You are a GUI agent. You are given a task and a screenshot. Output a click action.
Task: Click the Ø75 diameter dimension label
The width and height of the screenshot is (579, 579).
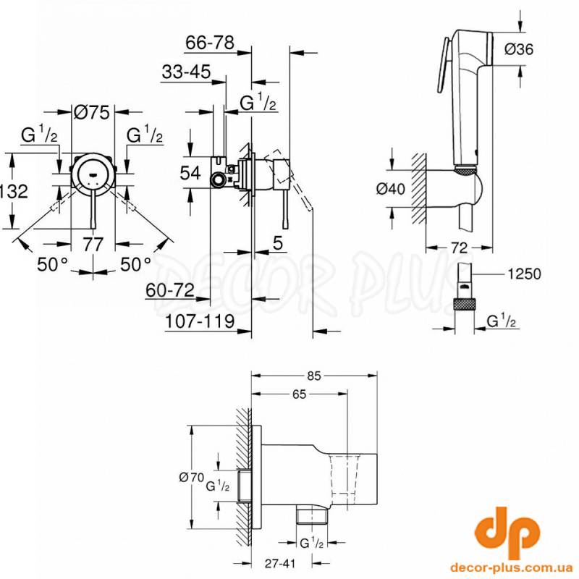click(92, 112)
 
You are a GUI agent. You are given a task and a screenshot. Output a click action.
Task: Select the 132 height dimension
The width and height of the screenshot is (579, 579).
click(14, 191)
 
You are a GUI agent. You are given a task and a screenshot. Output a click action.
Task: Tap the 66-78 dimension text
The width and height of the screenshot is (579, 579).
click(210, 43)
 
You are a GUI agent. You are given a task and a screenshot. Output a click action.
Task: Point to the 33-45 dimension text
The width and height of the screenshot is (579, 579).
click(187, 72)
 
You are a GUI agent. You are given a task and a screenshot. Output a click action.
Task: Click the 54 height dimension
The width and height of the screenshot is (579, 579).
click(190, 172)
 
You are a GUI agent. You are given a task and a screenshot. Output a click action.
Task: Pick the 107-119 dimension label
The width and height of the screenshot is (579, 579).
click(200, 321)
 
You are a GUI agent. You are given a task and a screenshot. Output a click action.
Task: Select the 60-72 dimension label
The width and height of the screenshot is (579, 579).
click(170, 290)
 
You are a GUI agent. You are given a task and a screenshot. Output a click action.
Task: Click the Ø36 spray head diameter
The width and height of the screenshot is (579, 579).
click(519, 49)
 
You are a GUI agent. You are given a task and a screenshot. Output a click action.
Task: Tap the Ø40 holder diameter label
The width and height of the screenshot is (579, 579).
click(391, 189)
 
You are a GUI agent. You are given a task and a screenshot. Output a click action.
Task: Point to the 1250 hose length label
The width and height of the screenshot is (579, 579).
click(524, 274)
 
